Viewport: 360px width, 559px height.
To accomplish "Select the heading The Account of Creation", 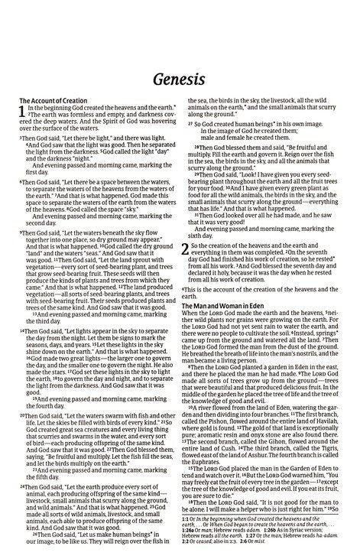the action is pyautogui.click(x=51, y=101).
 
